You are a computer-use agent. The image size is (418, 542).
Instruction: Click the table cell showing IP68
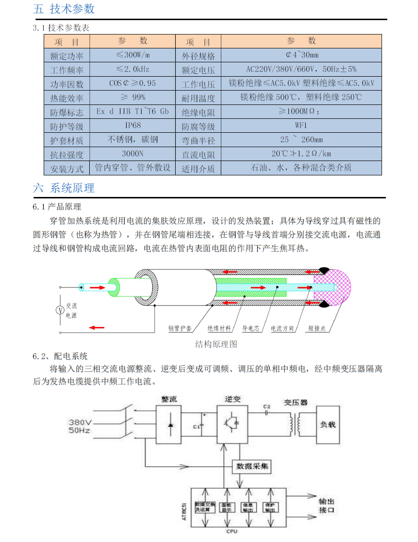point(132,126)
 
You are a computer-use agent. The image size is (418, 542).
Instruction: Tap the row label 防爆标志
point(67,112)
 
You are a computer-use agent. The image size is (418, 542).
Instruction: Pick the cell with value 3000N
point(132,154)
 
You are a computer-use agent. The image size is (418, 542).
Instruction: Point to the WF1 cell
point(301,126)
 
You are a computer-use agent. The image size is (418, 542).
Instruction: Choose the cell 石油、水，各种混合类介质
point(301,168)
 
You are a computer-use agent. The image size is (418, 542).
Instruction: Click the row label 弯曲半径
point(198,140)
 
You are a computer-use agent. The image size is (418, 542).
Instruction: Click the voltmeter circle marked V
point(60,310)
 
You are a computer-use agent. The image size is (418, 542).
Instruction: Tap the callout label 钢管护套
point(180,329)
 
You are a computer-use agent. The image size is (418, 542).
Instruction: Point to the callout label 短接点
point(317,329)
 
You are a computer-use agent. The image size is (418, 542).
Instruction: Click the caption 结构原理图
point(216,344)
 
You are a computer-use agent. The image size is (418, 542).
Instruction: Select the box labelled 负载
point(328,425)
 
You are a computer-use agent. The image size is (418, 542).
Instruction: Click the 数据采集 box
point(251,466)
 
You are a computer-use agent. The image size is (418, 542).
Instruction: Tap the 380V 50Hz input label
point(80,426)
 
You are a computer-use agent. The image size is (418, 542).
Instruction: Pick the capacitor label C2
point(267,406)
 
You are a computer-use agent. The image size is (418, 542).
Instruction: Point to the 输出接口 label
point(327,505)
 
